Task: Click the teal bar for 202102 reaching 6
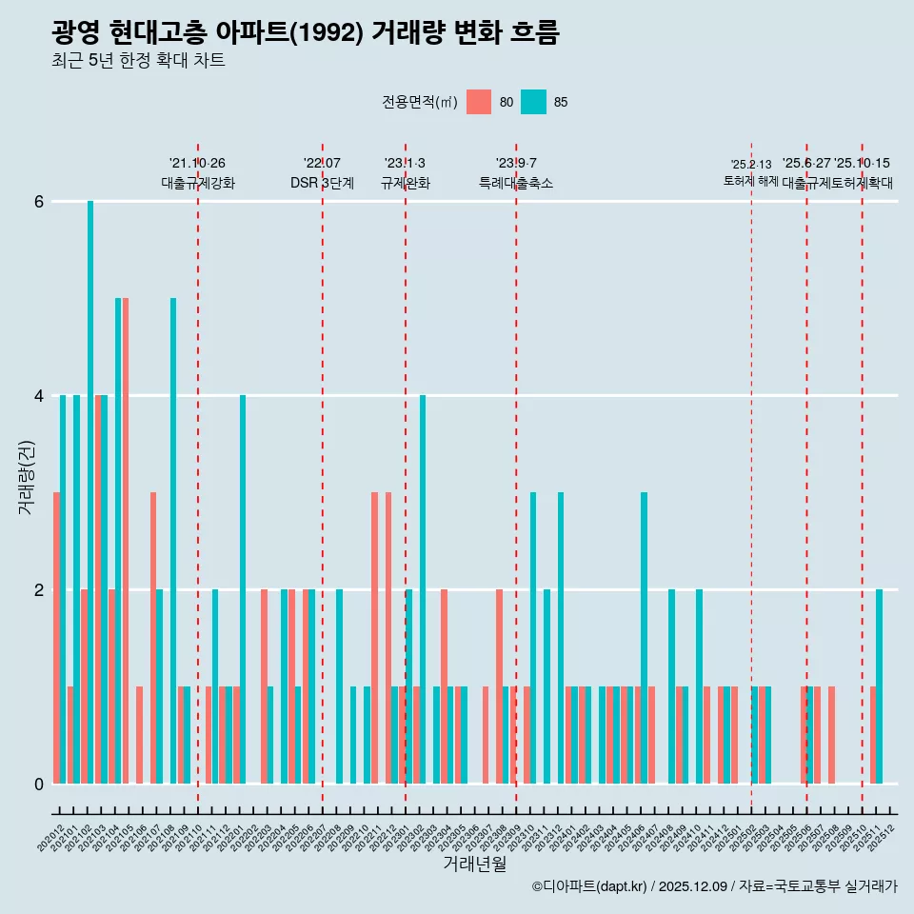pos(90,492)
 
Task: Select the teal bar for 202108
pos(173,541)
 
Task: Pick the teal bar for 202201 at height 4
pos(243,589)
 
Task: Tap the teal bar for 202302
pos(423,589)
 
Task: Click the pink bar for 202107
pos(152,638)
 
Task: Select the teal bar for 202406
pos(645,638)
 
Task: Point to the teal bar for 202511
pos(880,686)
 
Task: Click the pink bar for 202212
pos(388,638)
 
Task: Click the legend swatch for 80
pos(479,102)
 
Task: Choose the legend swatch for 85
pos(533,102)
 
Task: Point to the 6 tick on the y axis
pos(39,202)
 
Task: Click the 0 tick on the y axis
pos(39,785)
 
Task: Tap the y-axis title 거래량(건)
pos(26,476)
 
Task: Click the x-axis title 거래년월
pos(474,864)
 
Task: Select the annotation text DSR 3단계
pos(322,183)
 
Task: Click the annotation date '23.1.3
pos(405,164)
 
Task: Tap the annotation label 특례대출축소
pos(515,183)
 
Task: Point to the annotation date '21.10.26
pos(197,164)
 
